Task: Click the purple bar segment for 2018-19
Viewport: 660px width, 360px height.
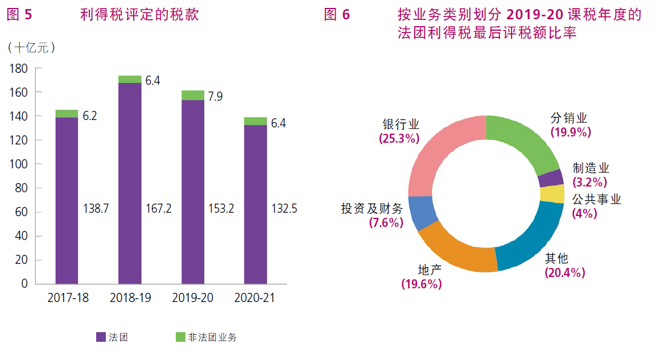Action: pos(130,182)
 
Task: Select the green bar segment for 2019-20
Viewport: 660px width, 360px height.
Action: pos(193,95)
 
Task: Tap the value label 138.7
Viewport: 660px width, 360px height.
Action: pos(96,209)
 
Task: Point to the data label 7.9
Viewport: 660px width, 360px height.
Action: pos(215,96)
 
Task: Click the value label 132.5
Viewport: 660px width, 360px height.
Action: pos(284,209)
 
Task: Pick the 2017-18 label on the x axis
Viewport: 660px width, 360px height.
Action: pos(68,298)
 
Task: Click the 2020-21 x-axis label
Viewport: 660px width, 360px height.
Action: pos(255,298)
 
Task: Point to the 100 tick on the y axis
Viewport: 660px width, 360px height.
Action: pos(19,164)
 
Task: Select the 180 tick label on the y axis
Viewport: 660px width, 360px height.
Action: pos(19,68)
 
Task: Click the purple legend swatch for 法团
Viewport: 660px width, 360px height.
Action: pos(101,337)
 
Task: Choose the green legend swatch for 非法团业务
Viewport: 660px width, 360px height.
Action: pos(180,337)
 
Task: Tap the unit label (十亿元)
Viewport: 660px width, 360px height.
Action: pos(32,48)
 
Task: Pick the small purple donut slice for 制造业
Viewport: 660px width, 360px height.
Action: pos(550,178)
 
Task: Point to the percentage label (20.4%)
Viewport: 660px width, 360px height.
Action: pos(564,272)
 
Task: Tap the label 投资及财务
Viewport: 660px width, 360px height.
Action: pos(372,208)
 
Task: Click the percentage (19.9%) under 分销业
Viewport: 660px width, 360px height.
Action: pos(571,132)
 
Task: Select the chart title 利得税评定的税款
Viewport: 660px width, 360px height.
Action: pos(140,15)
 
